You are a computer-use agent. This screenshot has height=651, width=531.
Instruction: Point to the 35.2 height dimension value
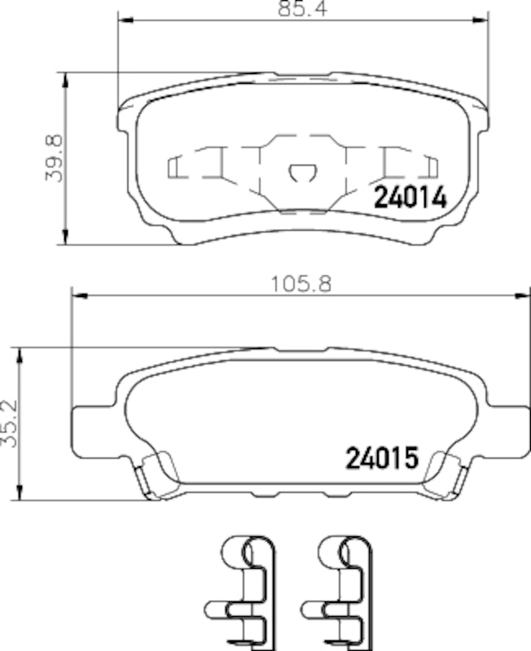click(x=11, y=422)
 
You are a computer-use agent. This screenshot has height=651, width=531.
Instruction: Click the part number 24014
click(x=410, y=198)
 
